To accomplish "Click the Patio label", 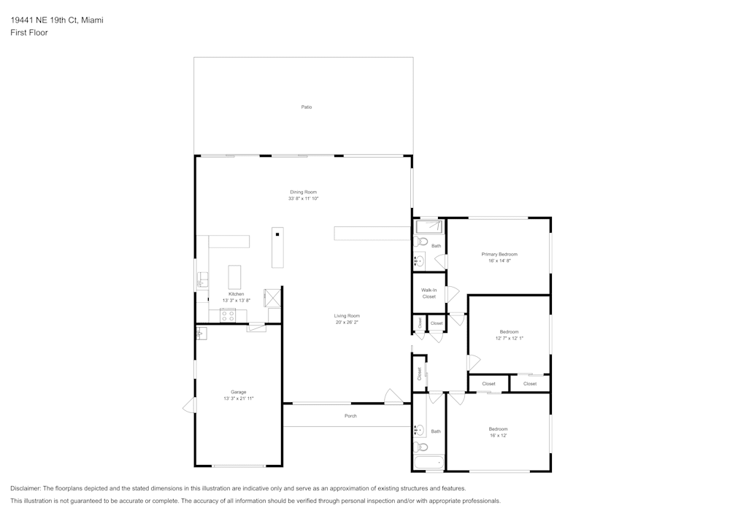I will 307,107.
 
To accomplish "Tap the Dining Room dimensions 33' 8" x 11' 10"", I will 304,199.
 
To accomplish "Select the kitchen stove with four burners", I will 228,316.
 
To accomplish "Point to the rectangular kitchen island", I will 235,277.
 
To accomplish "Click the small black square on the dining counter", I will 277,235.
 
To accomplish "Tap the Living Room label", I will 347,315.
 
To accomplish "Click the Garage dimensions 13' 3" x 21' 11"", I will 239,398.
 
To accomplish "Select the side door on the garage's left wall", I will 189,405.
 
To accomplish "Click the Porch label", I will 350,416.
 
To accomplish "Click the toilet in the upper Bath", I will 419,241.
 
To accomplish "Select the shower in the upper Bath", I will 429,226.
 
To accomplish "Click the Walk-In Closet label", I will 429,293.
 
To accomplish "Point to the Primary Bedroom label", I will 499,253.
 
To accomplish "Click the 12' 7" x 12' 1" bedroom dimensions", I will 510,338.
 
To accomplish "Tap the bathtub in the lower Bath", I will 429,462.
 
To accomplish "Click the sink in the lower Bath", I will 419,431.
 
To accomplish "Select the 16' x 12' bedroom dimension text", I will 498,435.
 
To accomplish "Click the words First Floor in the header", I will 29,33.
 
